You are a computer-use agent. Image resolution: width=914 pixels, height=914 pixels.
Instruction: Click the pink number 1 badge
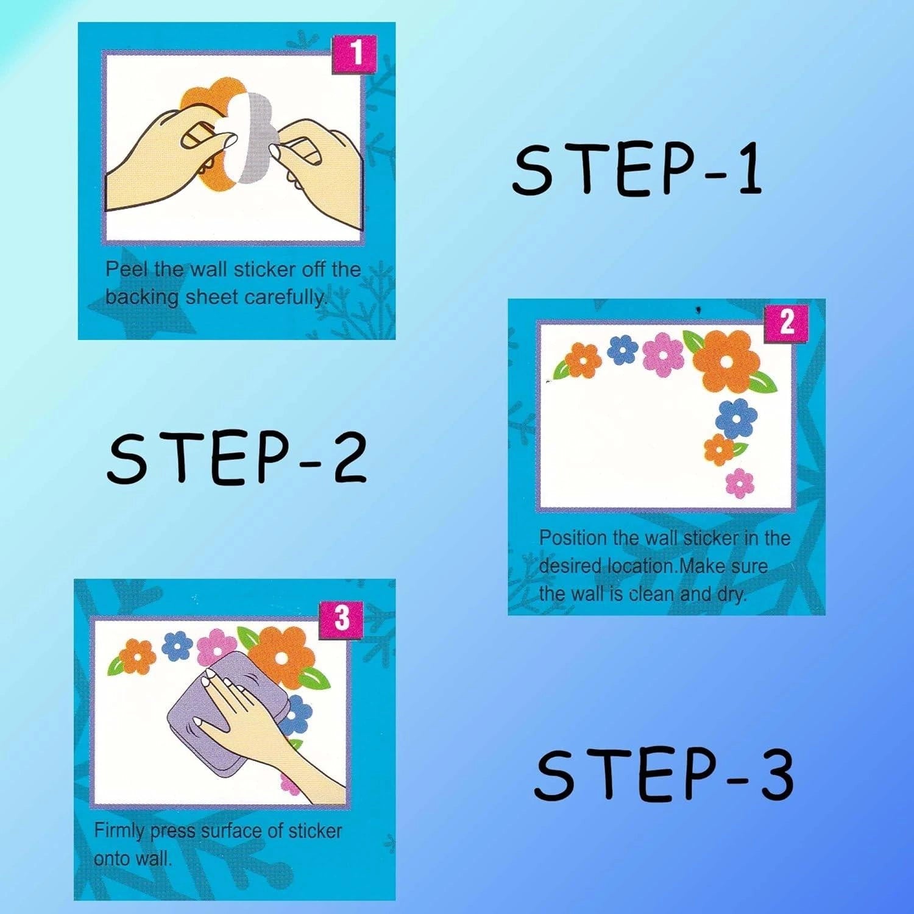(x=354, y=54)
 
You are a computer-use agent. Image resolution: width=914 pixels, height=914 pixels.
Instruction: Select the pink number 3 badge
(x=341, y=618)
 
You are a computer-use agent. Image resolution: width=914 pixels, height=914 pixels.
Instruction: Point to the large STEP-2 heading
(x=237, y=458)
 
